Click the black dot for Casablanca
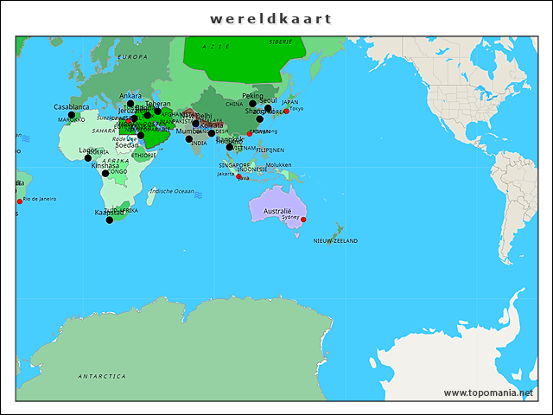[72, 115]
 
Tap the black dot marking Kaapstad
[109, 220]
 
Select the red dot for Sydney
[303, 220]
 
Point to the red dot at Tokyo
[286, 111]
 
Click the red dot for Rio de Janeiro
[20, 201]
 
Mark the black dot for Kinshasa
[105, 173]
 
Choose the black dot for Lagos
[87, 158]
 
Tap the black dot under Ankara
[130, 104]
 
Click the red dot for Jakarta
[238, 177]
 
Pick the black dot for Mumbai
[189, 138]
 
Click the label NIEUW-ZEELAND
[335, 240]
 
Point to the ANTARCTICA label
[101, 376]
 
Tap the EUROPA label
[132, 56]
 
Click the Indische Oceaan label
[172, 190]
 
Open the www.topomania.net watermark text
[488, 393]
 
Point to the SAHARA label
[104, 131]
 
